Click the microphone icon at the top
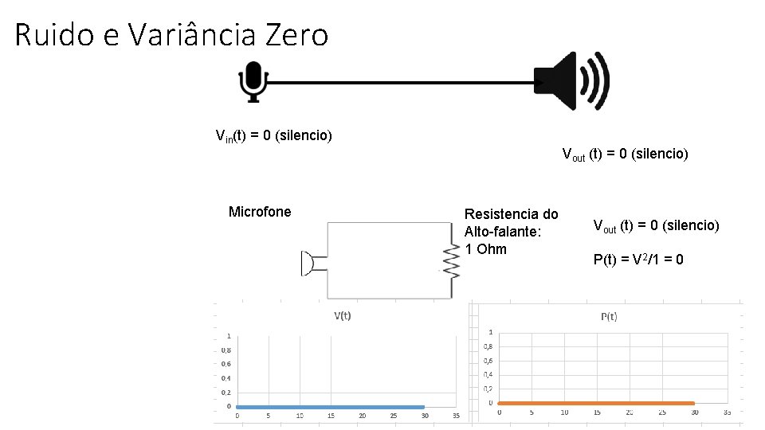click(x=253, y=82)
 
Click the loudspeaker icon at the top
click(x=571, y=81)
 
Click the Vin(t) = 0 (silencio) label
click(x=274, y=135)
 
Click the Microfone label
click(x=260, y=212)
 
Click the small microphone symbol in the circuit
click(x=307, y=263)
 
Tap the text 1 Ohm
click(x=485, y=249)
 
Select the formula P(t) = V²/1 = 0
click(x=638, y=260)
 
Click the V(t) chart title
click(x=342, y=315)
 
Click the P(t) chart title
click(x=608, y=317)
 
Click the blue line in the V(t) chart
click(x=330, y=407)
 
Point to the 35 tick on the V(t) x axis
click(x=456, y=416)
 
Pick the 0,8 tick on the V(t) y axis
click(x=226, y=350)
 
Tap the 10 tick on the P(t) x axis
click(x=563, y=412)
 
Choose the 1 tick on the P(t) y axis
click(x=490, y=332)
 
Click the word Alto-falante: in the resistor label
click(x=502, y=232)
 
